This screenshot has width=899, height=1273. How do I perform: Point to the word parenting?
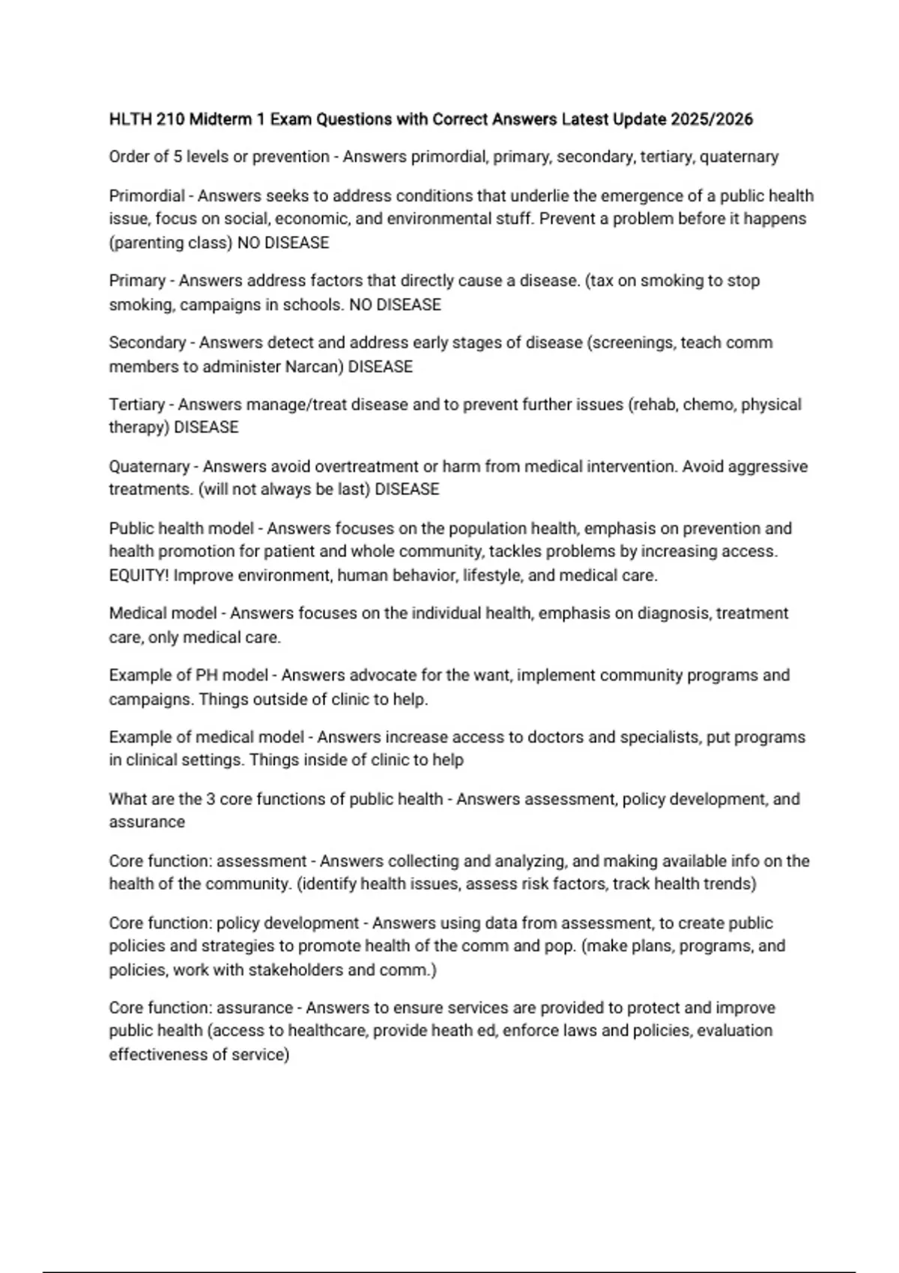pyautogui.click(x=147, y=243)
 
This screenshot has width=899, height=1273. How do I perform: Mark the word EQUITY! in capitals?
pyautogui.click(x=139, y=576)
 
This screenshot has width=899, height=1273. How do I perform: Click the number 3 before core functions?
pyautogui.click(x=211, y=799)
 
